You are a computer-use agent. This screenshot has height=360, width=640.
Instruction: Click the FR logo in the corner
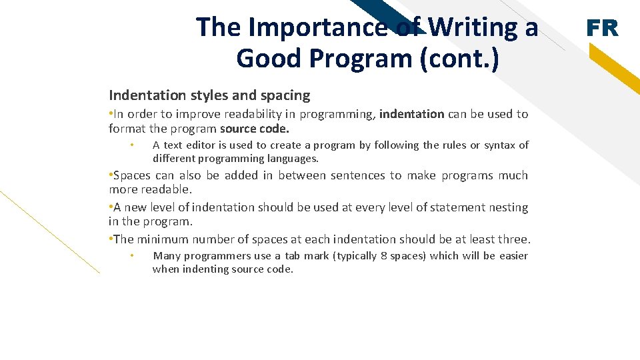pos(602,29)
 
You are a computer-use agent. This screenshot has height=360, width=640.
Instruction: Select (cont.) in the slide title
pos(459,59)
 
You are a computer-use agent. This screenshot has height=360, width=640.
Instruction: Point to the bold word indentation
pos(411,114)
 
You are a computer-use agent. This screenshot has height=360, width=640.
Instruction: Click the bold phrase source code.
pos(255,129)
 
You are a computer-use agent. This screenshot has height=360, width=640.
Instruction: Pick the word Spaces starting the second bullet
pos(132,175)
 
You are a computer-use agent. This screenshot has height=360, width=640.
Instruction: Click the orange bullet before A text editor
pos(133,145)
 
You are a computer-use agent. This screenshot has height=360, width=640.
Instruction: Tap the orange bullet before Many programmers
pos(133,256)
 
